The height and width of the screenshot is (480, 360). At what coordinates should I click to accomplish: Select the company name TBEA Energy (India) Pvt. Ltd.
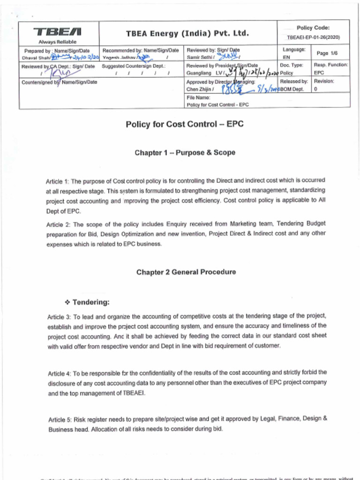pos(187,33)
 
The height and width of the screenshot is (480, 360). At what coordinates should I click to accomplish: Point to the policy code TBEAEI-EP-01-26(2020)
pos(313,37)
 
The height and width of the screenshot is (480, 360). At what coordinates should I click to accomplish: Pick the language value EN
pos(287,57)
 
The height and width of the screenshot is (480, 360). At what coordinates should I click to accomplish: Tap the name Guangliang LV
pos(202,73)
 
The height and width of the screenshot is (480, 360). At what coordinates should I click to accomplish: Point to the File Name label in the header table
pos(197,97)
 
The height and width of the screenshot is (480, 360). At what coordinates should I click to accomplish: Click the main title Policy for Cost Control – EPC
pos(185,125)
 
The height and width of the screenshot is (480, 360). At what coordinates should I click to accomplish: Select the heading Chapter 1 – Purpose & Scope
pos(185,153)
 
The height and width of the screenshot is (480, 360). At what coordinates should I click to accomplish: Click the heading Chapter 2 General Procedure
pos(186,272)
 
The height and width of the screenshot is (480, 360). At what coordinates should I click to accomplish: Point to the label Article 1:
pos(57,181)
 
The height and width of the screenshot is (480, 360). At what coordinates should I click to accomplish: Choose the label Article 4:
pos(59,374)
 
